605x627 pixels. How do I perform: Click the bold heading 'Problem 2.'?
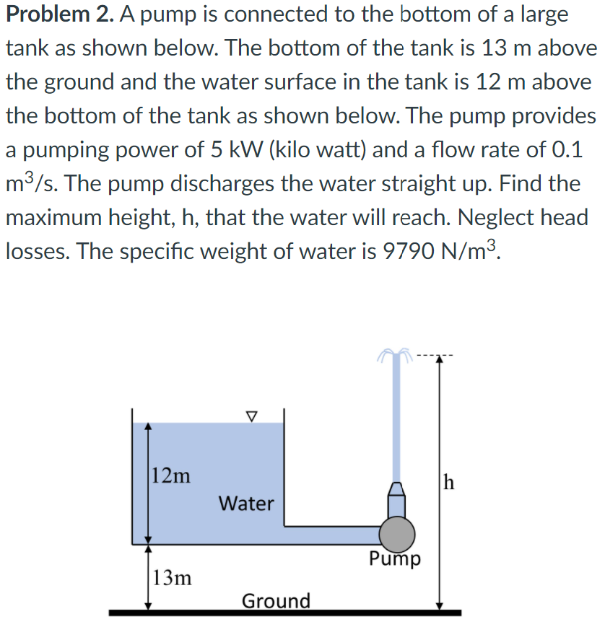click(55, 14)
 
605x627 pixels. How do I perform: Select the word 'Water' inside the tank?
click(246, 503)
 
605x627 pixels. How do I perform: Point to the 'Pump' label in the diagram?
click(395, 559)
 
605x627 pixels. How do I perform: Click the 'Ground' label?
click(276, 600)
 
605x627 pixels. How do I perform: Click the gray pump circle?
click(398, 533)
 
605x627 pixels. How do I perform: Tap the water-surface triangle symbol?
click(251, 416)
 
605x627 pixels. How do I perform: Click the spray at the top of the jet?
click(396, 354)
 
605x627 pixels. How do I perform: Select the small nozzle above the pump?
click(398, 498)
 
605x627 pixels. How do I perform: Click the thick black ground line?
click(284, 613)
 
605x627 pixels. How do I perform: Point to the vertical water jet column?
click(396, 418)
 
